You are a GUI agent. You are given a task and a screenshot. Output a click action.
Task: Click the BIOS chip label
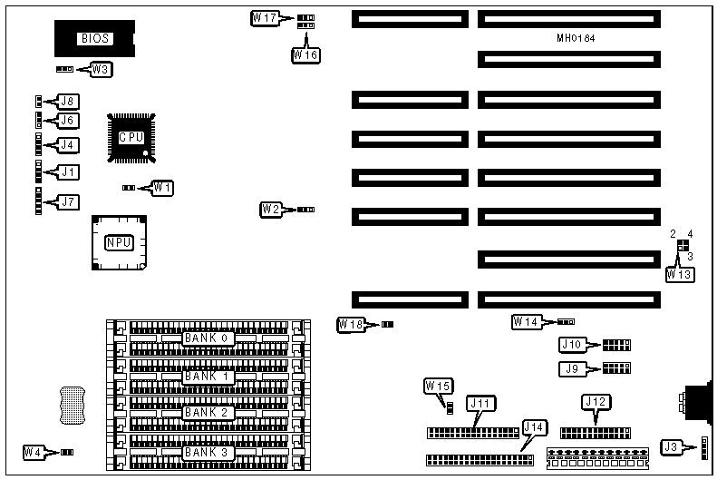tap(95, 38)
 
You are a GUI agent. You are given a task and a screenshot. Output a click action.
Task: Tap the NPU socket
tap(118, 242)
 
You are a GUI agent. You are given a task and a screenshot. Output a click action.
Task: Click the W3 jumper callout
tap(101, 69)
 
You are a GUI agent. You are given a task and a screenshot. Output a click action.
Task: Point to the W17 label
tap(265, 17)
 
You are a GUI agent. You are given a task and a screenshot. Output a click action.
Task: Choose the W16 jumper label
tap(305, 55)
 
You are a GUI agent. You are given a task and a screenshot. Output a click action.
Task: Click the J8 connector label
tap(68, 101)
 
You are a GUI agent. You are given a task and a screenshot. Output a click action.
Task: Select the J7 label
tap(68, 201)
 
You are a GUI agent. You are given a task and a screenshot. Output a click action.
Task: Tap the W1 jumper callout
tap(162, 187)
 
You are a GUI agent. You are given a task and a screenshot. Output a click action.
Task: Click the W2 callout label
tap(271, 210)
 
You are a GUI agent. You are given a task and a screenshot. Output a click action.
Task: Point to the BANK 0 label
tap(208, 338)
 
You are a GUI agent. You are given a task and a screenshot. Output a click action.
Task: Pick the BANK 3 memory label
tap(208, 452)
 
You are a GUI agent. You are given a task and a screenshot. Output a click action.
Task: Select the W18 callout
tap(351, 324)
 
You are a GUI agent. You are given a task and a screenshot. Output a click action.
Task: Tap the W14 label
tap(525, 321)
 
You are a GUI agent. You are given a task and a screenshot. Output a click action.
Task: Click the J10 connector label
tap(572, 345)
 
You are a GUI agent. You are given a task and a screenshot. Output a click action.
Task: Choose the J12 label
tap(595, 402)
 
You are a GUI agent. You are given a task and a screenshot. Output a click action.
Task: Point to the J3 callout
tap(671, 446)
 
